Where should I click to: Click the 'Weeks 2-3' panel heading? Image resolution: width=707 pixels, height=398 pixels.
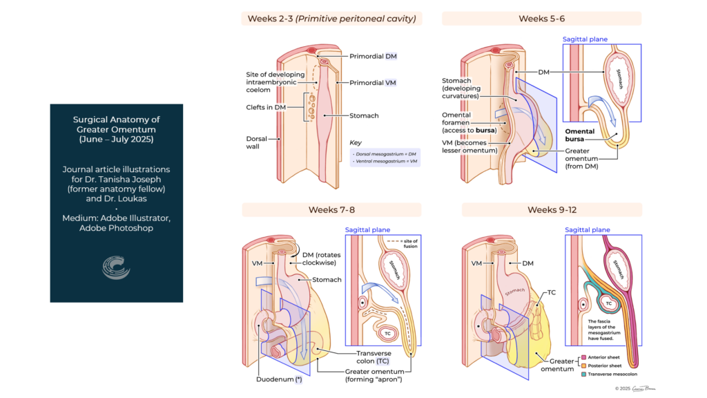tap(332, 19)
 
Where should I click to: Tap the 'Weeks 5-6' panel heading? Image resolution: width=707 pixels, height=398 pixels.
tap(542, 19)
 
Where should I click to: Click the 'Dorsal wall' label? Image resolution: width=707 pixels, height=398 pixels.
tap(258, 142)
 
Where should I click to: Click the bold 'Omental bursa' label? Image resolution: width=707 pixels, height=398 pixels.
tap(581, 135)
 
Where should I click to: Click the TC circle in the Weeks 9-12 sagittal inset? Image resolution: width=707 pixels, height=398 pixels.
tap(608, 303)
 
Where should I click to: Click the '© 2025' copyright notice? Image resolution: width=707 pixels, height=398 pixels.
tap(628, 389)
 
